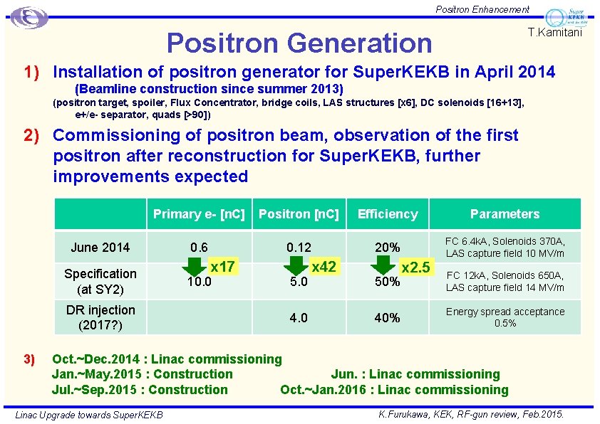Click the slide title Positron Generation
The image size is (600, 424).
(x=299, y=43)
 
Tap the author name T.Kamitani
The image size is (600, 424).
(x=555, y=33)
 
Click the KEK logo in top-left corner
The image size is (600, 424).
(x=29, y=17)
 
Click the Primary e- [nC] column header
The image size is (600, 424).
(x=199, y=214)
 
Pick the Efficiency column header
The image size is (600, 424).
(x=388, y=214)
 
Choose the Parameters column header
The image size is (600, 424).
(x=505, y=214)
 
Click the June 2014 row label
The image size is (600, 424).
(x=100, y=248)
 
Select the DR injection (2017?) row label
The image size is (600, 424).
(x=100, y=317)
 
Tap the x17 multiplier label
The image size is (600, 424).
(x=222, y=267)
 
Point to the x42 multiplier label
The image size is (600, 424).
(x=324, y=267)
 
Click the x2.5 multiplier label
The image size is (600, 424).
(x=415, y=267)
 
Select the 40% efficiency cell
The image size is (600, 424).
(x=387, y=318)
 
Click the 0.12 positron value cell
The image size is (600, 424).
(x=299, y=248)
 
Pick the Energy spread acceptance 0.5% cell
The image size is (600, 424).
(x=505, y=317)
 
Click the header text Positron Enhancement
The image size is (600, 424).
(x=482, y=9)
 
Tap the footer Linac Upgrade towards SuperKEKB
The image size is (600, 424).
(x=89, y=415)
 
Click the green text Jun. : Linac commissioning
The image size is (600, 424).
(x=415, y=374)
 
